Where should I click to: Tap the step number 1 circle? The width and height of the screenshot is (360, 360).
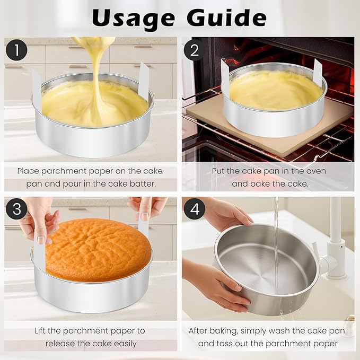point(17,50)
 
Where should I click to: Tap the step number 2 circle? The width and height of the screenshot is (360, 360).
point(195,50)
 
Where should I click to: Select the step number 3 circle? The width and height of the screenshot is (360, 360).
point(17,209)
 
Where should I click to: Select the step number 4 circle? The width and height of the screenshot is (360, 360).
point(195,209)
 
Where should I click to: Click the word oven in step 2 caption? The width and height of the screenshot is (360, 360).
point(315,171)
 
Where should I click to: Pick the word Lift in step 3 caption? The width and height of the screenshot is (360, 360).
point(43,330)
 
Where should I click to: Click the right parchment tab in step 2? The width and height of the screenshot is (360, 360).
point(318,72)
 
